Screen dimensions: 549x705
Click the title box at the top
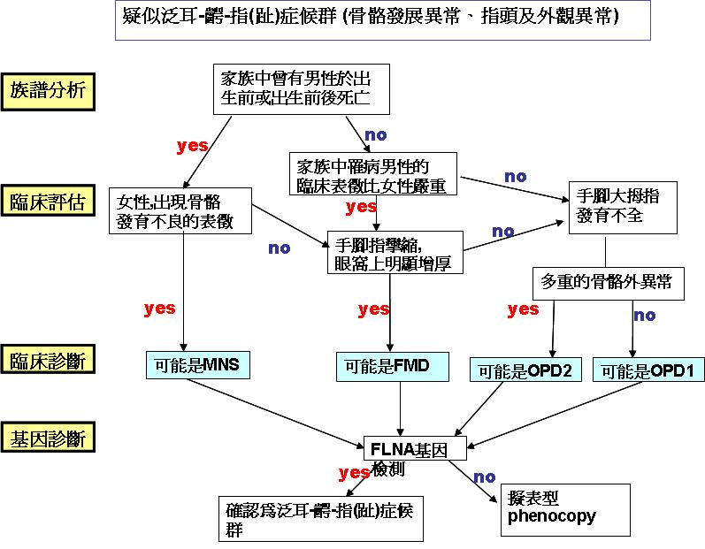[382, 19]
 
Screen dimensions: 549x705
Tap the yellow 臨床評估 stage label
[50, 201]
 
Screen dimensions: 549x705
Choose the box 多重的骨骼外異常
[605, 282]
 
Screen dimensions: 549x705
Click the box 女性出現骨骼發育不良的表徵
[180, 210]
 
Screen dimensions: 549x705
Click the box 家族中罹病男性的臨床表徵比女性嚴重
[372, 175]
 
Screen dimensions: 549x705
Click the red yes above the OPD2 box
[523, 309]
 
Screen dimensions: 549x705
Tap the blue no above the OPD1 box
[644, 315]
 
